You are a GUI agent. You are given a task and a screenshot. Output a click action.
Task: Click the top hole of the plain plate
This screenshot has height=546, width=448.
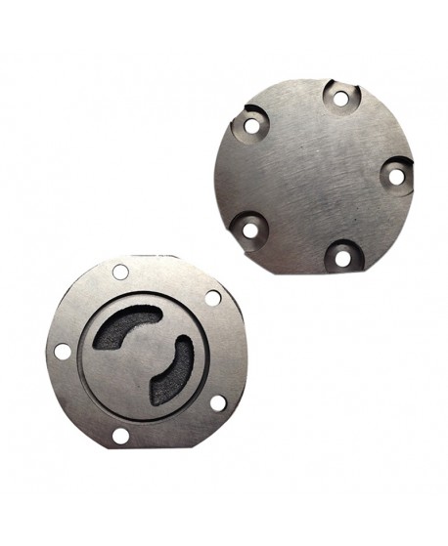pos(340,98)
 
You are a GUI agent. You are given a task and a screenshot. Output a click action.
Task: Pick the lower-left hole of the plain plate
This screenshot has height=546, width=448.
pos(250,231)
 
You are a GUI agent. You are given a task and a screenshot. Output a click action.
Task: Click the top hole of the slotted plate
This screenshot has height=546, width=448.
pos(120,272)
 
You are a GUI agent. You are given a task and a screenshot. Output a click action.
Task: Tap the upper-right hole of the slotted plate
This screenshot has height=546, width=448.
pos(212,298)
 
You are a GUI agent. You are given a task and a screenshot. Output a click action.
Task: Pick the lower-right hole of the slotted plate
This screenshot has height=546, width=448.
pos(217,401)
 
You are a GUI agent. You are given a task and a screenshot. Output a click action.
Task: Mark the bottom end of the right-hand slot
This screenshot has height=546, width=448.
pos(157,397)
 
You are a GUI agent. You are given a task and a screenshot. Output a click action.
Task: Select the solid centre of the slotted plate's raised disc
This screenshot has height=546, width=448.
pos(137,366)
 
